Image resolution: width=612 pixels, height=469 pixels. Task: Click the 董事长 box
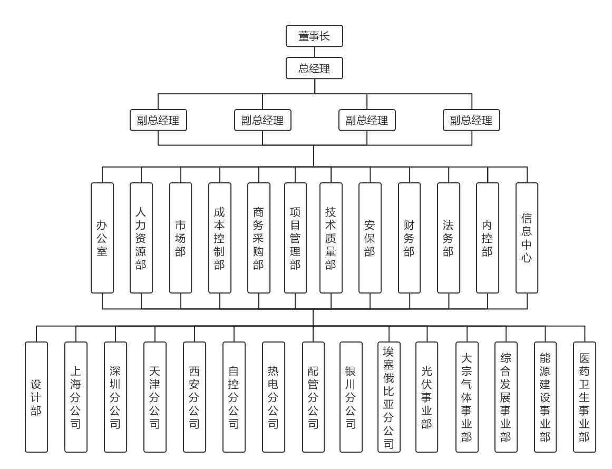point(314,36)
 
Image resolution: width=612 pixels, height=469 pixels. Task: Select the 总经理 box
point(314,68)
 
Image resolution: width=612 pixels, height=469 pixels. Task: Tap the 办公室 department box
point(102,238)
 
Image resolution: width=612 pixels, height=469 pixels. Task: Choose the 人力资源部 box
point(141,238)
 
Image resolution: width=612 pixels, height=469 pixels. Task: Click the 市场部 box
point(180,238)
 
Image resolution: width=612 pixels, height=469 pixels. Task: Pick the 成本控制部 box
point(219,238)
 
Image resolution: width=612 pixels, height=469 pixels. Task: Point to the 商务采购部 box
point(258,238)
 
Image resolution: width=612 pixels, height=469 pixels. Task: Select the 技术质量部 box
point(331,238)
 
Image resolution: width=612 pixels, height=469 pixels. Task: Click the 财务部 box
point(409,238)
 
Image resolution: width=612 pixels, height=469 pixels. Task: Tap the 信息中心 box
point(527,238)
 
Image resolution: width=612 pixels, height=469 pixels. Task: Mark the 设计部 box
point(36,397)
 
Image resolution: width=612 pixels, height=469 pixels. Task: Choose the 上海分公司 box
point(75,397)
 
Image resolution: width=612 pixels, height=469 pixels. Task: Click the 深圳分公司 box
point(115,397)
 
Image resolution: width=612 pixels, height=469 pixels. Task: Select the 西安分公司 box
point(194,397)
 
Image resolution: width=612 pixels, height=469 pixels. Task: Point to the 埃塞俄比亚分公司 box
point(389,397)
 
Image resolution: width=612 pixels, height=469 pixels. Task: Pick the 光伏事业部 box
point(426,397)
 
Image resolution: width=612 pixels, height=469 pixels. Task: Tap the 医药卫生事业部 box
point(585,397)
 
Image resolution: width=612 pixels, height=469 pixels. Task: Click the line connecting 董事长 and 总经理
point(314,52)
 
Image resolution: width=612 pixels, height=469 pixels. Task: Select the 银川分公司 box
point(351,397)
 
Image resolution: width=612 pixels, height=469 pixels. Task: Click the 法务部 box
point(448,238)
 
